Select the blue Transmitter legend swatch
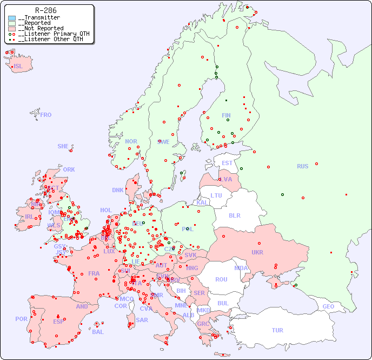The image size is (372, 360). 12,18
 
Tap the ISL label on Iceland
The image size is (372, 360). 18,67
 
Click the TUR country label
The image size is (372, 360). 277,330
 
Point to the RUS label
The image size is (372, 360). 302,166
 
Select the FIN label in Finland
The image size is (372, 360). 226,115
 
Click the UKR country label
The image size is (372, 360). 257,252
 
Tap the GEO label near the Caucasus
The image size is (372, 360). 328,306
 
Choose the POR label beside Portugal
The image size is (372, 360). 21,319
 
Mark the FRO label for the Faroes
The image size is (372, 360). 46,115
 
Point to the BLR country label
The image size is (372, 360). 234,215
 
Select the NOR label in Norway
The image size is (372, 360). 131,141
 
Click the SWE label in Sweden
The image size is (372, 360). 163,142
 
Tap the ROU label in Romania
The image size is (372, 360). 221,279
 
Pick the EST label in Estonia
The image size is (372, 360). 227,163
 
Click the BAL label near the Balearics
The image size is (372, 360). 98,332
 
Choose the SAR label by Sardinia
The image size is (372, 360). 142,320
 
